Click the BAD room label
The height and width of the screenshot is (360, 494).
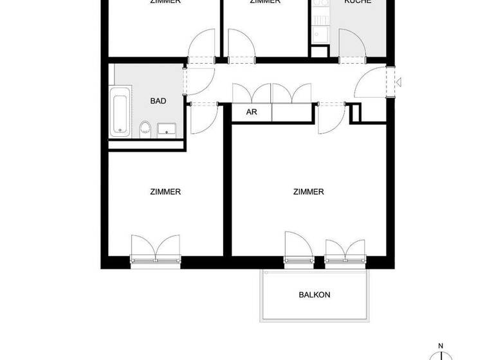pyautogui.click(x=158, y=101)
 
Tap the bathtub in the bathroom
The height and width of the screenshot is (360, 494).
pyautogui.click(x=120, y=112)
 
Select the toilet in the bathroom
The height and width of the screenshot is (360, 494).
pyautogui.click(x=145, y=128)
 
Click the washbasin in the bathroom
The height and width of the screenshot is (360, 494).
pyautogui.click(x=167, y=129)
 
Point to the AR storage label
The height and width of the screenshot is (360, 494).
pyautogui.click(x=252, y=112)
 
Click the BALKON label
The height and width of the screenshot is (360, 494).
pyautogui.click(x=315, y=295)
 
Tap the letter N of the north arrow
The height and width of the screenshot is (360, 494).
pyautogui.click(x=441, y=346)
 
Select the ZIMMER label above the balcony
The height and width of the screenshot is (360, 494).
pyautogui.click(x=308, y=192)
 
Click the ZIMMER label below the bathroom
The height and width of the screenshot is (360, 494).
pyautogui.click(x=165, y=192)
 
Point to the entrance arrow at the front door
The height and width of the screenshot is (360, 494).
pyautogui.click(x=399, y=82)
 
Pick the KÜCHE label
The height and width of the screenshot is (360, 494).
pyautogui.click(x=358, y=2)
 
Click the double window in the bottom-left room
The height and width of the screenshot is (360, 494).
pyautogui.click(x=155, y=249)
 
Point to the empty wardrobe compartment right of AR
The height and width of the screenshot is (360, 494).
pyautogui.click(x=293, y=112)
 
